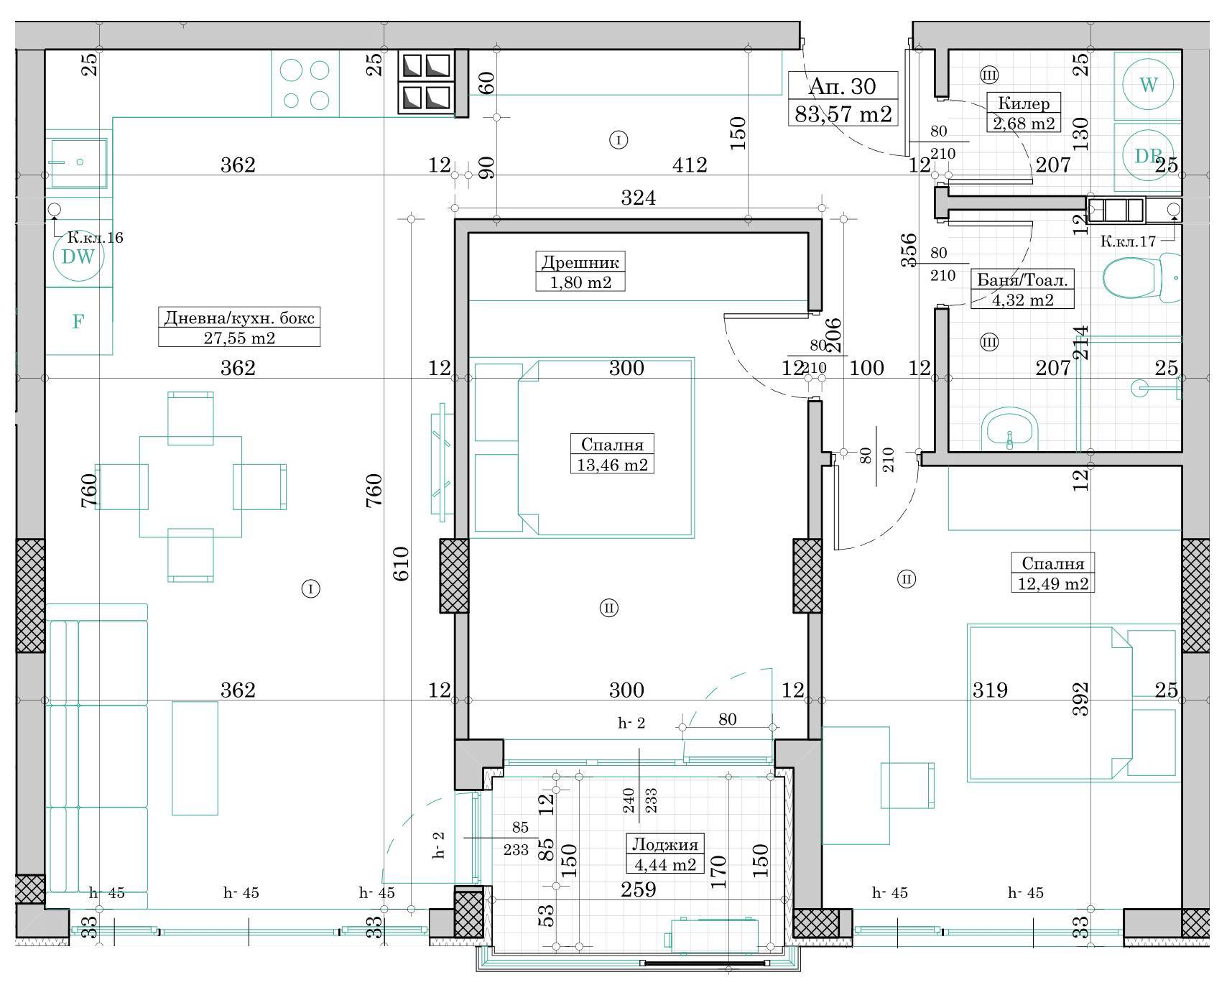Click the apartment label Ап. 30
[842, 86]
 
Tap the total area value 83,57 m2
[843, 114]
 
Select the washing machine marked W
[1148, 85]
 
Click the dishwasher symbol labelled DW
[78, 256]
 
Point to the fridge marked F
[78, 321]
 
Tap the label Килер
[1024, 103]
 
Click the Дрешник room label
[580, 262]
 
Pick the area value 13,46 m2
[612, 465]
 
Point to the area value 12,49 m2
[1053, 583]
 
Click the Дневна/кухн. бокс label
[239, 318]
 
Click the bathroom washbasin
[1009, 430]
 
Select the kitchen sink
[78, 162]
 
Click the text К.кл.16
[95, 238]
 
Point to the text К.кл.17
[1128, 241]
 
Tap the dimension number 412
[690, 165]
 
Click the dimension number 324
[638, 198]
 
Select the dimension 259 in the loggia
[638, 889]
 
